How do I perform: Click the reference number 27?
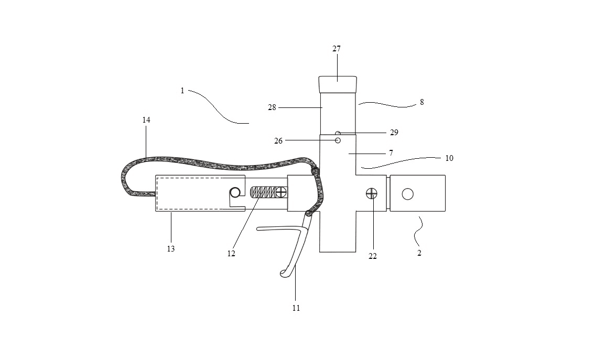coord(337,49)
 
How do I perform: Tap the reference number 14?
coord(146,120)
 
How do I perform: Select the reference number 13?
coord(171,249)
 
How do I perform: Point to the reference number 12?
coord(231,254)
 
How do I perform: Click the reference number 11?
coord(296,308)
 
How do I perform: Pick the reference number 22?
coord(373,256)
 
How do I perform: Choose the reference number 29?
coord(394,133)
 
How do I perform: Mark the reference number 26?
coord(278,141)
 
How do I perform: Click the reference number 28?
coord(272,108)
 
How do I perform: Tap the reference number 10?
coord(449,158)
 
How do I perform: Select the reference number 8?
coord(421,102)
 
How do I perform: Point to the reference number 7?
coord(391,153)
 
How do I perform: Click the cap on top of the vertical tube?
coord(338,84)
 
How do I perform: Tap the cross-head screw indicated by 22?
coord(372,193)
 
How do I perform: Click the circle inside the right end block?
coord(408,193)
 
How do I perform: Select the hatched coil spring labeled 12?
coord(263,192)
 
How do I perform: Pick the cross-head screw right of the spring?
coord(282,192)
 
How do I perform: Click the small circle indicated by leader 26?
coord(338,140)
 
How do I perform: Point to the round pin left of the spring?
coord(235,192)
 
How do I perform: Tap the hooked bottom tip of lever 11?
coord(283,274)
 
